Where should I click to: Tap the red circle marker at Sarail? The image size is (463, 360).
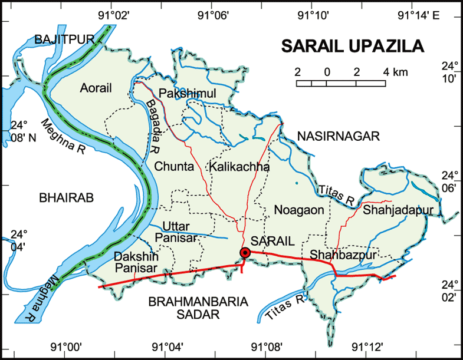(245, 253)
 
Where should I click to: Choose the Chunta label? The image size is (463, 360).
(174, 167)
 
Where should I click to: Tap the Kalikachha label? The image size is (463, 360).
(239, 167)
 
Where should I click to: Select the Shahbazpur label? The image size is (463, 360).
(334, 255)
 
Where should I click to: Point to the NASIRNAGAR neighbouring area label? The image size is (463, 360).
(338, 136)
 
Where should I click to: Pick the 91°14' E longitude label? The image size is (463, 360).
(419, 15)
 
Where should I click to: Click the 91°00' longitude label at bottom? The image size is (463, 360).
(67, 346)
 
